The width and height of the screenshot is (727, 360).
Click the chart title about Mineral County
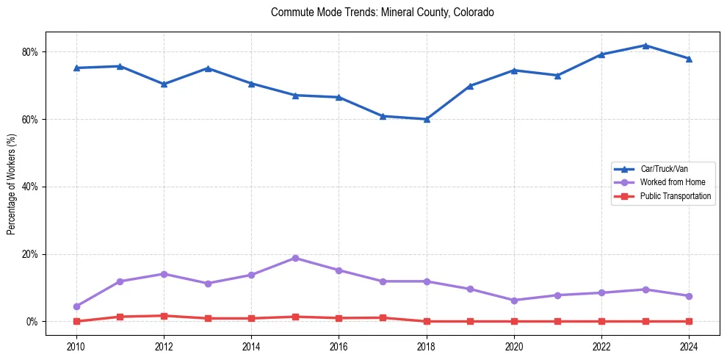[x=382, y=12]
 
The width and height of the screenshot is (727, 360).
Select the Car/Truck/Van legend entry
[x=664, y=169]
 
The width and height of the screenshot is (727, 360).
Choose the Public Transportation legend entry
[x=675, y=196]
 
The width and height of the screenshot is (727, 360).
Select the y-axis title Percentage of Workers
[x=12, y=184]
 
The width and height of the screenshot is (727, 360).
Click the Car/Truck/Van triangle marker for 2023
[x=645, y=46]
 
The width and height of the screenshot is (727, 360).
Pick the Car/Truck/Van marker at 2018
[x=427, y=119]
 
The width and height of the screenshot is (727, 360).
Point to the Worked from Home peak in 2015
[x=295, y=258]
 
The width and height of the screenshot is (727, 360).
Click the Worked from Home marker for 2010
[x=76, y=306]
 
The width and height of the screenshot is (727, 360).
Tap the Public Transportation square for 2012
[x=164, y=316]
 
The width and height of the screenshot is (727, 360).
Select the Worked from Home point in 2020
[x=514, y=300]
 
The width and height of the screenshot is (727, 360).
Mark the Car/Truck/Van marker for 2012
[x=164, y=84]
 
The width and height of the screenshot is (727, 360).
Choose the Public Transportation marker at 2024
[x=689, y=321]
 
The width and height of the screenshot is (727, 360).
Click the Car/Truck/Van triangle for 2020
[x=514, y=71]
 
